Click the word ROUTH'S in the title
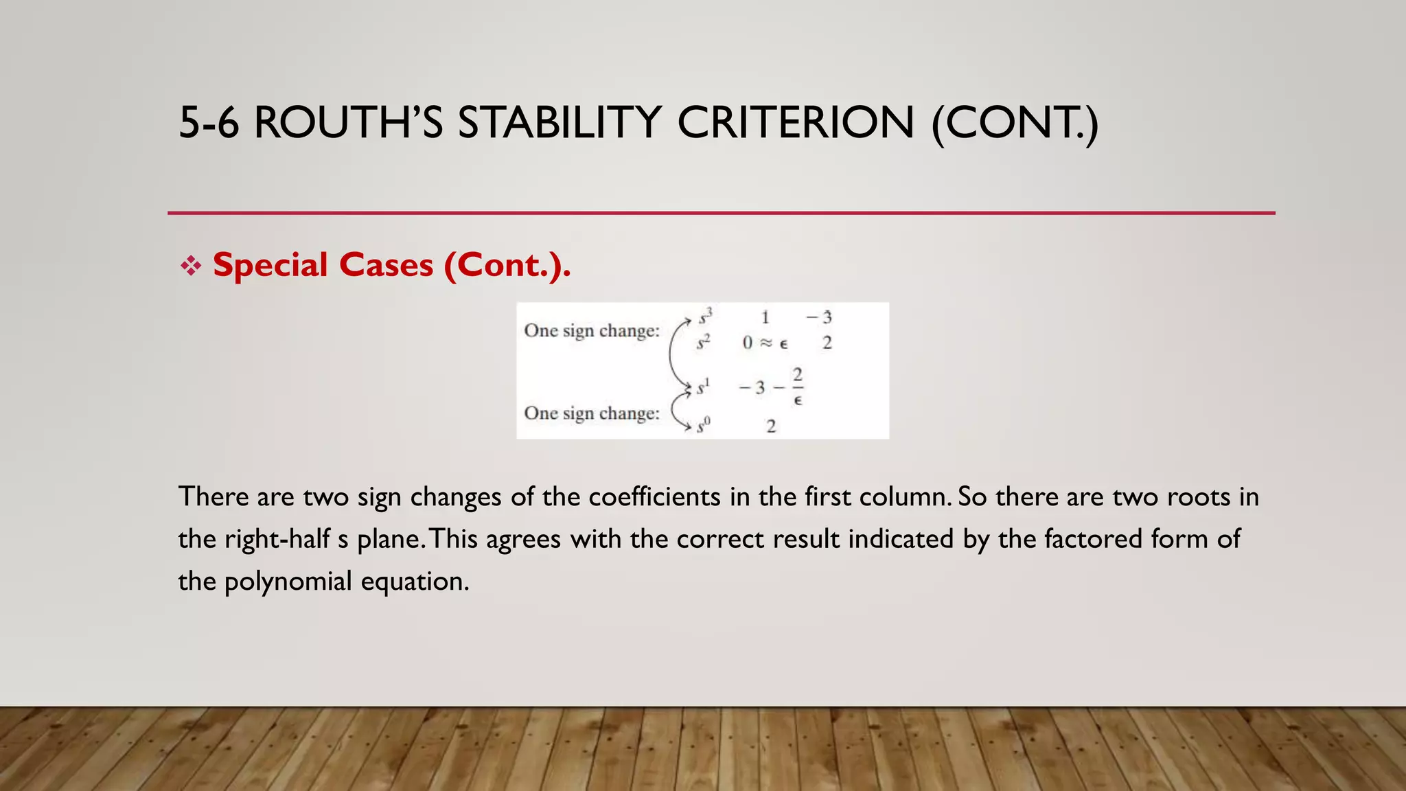(348, 123)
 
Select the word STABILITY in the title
(560, 123)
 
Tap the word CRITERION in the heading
(796, 123)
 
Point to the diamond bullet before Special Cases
(191, 266)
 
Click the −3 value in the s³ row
(819, 317)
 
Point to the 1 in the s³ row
(765, 317)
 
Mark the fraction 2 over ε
(797, 387)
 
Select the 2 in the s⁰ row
(771, 426)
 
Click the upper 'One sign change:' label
(592, 331)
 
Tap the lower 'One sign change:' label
(592, 413)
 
